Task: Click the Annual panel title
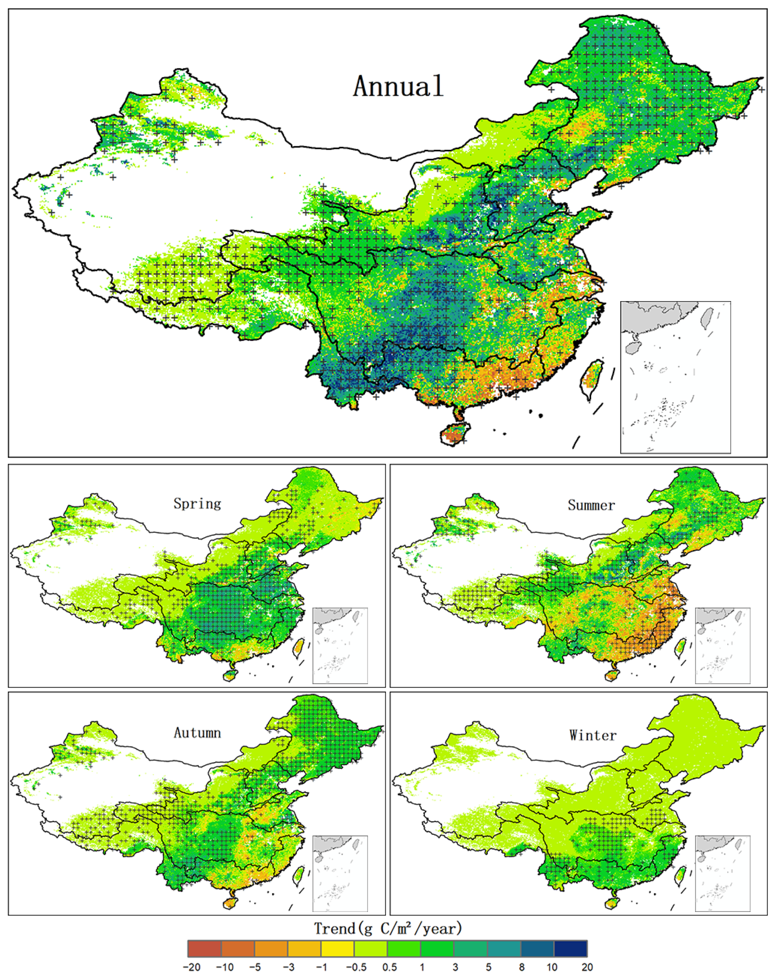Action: click(x=398, y=86)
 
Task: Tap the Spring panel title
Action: click(x=197, y=504)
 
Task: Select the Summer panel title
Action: click(x=591, y=505)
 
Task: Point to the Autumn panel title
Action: click(x=197, y=733)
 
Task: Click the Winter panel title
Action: click(x=593, y=735)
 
